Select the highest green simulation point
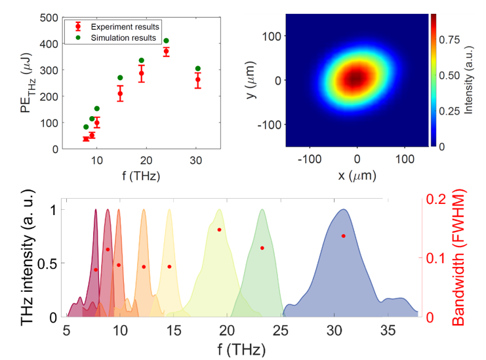[x=166, y=41]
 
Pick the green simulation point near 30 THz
[x=198, y=69]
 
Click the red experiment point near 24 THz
[x=166, y=51]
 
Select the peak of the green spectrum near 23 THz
[x=262, y=210]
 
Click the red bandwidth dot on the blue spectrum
[x=343, y=236]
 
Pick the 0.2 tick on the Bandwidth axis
[x=434, y=199]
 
